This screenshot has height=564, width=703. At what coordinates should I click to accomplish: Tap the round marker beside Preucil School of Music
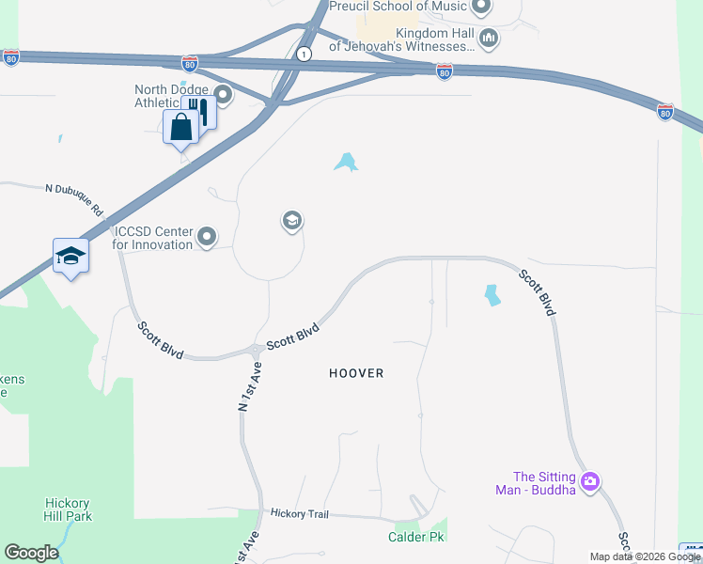pos(481,8)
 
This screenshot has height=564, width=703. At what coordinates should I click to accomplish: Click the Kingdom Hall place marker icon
pos(488,39)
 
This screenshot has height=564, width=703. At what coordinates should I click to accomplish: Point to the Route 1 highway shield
pos(304,55)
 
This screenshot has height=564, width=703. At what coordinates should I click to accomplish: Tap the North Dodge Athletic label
pos(170,96)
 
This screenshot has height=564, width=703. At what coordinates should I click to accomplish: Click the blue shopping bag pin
pos(180,127)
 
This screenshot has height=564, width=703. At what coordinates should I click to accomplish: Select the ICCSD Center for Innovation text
pos(152,238)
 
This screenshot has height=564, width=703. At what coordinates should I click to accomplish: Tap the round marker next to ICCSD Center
pos(207,237)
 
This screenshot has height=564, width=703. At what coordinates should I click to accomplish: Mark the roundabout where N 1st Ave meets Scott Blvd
pos(256,351)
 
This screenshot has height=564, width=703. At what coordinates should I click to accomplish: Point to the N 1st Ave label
pos(248,387)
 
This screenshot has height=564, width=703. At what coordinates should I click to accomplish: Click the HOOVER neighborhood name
pos(356,373)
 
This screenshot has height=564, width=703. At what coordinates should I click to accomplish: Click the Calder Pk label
pos(414,537)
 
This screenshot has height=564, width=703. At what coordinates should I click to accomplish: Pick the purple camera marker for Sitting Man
pos(590,482)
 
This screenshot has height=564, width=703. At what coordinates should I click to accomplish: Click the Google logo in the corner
pos(31,553)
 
